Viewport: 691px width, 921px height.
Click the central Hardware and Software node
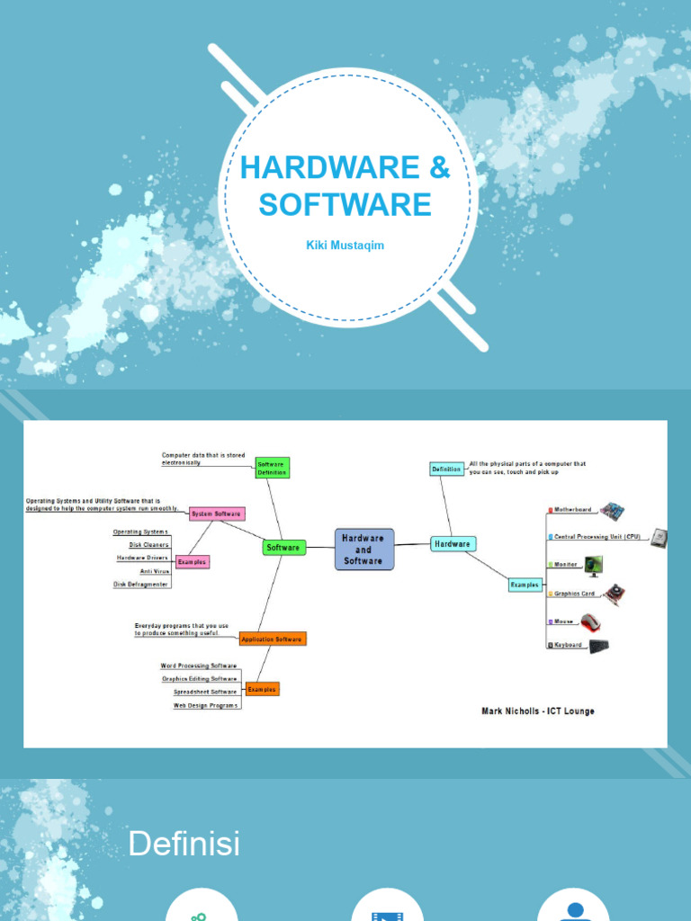point(363,550)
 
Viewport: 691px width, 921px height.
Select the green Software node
point(283,547)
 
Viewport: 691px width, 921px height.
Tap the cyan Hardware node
point(453,543)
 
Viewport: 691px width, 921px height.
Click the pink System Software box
point(216,514)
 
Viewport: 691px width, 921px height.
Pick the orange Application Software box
point(272,639)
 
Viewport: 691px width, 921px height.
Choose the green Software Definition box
point(272,468)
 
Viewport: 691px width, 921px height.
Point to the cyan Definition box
point(446,469)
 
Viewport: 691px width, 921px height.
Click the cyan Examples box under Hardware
point(525,585)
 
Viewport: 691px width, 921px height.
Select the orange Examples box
point(262,689)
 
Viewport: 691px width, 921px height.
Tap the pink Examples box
point(192,562)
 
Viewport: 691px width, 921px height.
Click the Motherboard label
point(573,510)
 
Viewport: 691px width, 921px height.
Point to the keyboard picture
point(598,646)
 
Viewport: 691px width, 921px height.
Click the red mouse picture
point(590,621)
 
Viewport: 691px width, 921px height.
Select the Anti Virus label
point(154,571)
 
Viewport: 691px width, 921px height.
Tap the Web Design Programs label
point(206,705)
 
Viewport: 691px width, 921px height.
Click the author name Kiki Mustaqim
point(345,245)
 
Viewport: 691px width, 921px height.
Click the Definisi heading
point(184,844)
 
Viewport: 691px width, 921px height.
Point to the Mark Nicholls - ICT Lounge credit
point(537,711)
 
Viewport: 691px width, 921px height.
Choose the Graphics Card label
point(575,594)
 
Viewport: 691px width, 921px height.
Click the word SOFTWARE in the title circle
point(345,205)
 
